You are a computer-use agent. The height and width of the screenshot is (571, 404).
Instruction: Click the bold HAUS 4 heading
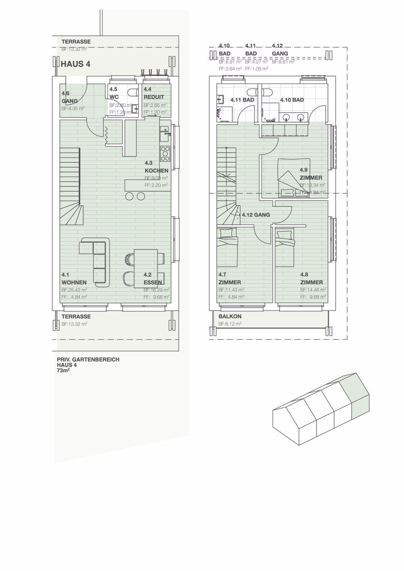(x=75, y=64)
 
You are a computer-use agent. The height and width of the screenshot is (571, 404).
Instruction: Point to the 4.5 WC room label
(x=114, y=93)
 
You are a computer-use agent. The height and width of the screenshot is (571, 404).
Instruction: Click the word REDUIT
(x=154, y=97)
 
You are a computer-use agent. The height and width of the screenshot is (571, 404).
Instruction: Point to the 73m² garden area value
(x=63, y=369)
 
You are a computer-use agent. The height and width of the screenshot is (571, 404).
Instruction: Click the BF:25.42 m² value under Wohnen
(x=74, y=290)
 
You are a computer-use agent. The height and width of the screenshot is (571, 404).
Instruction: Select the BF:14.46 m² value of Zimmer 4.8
(x=313, y=290)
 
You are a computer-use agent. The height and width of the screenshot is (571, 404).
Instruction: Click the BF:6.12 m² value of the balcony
(x=230, y=324)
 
